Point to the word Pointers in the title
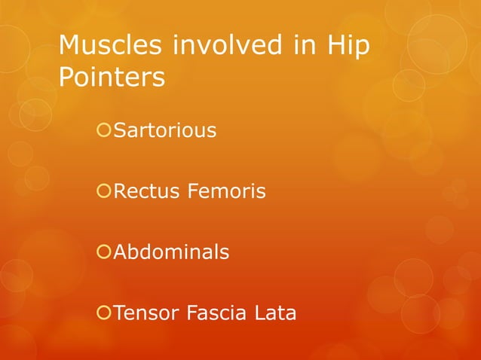pyautogui.click(x=112, y=77)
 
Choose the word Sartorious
pyautogui.click(x=164, y=131)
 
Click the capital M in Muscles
pyautogui.click(x=69, y=46)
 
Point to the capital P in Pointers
pyautogui.click(x=66, y=77)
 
